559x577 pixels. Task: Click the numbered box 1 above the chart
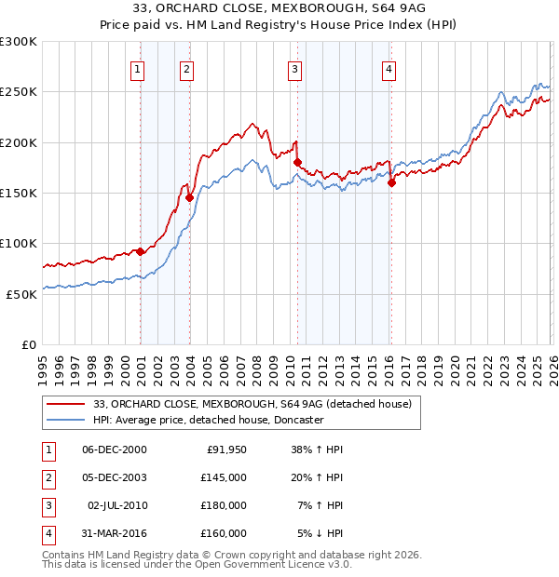click(138, 69)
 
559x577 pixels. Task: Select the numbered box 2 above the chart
click(187, 69)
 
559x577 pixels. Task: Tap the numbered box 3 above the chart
click(294, 69)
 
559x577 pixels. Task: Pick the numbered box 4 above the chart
click(389, 69)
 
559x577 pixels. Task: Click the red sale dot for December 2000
click(141, 251)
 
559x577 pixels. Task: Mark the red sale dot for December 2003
click(189, 197)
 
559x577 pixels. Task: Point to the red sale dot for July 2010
click(297, 162)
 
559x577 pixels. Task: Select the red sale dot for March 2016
click(391, 182)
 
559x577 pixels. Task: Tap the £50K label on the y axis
click(22, 294)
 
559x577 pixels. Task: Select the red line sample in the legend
click(66, 404)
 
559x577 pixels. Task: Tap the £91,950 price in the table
click(224, 450)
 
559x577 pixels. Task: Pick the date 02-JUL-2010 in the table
click(116, 504)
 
